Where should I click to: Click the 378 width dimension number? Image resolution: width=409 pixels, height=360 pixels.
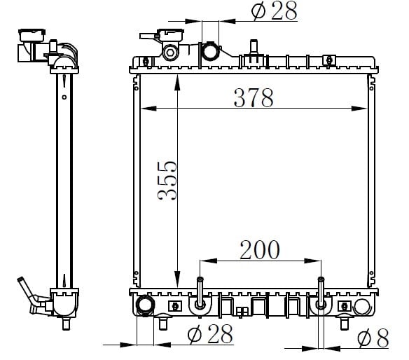point(254,98)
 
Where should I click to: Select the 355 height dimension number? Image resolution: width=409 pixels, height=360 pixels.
point(167,181)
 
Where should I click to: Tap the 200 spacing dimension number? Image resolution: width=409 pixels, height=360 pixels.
point(260,250)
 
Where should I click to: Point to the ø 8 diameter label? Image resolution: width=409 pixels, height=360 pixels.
point(373,338)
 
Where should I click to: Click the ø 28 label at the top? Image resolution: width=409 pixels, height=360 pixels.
point(274,11)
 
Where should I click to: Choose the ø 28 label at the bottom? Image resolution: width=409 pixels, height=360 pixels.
point(210,333)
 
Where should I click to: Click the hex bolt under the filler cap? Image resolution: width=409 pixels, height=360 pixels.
point(170,53)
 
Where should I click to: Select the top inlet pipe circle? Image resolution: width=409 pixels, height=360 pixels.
point(210,51)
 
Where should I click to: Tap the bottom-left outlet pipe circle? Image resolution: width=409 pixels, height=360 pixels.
point(146,305)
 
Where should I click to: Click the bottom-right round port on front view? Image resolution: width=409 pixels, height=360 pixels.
point(362,307)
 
